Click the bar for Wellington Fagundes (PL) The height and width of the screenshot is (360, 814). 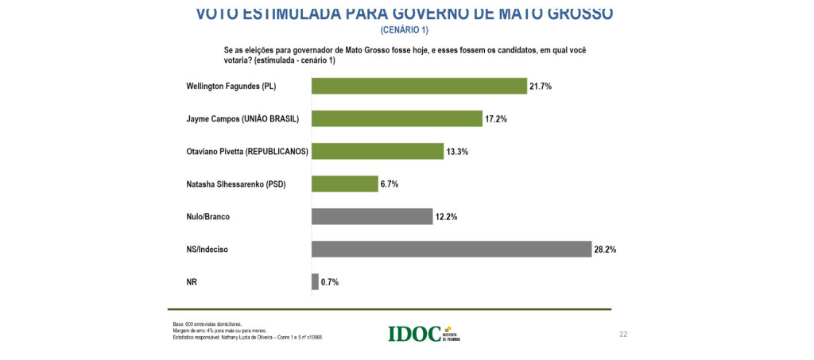tap(419, 86)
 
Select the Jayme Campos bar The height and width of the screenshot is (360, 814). tap(397, 118)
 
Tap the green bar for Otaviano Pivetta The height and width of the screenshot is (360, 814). tap(377, 151)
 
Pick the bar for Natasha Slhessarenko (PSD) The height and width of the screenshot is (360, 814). tap(344, 184)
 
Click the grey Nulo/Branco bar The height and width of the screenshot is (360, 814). tap(372, 216)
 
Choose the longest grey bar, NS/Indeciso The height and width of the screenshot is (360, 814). tap(451, 249)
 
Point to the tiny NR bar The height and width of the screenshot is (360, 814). tap(315, 281)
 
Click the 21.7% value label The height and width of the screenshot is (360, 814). tap(541, 86)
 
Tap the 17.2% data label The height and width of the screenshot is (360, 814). tap(496, 118)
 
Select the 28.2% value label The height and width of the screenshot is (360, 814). tap(605, 249)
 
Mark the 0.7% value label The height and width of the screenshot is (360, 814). tap(330, 281)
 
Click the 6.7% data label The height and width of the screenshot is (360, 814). tap(390, 184)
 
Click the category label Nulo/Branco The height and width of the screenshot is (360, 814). tap(209, 216)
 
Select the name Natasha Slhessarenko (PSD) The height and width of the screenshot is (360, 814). tap(235, 184)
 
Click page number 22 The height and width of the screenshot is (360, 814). tap(623, 334)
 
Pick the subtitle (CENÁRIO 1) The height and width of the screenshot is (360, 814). tap(404, 30)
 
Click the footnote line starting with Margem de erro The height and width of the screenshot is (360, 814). tap(219, 331)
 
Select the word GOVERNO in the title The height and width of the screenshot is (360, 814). tap(430, 13)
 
